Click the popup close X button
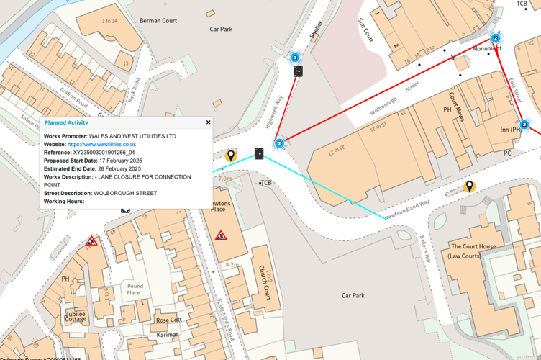[209, 122]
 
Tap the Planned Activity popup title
[66, 123]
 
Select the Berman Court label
[158, 21]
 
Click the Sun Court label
[365, 31]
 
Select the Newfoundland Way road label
[406, 210]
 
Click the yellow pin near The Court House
[469, 186]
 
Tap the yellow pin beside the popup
[231, 155]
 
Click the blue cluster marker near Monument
[496, 38]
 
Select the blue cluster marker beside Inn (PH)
[524, 125]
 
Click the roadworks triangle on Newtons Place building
[221, 235]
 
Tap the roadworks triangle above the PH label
[91, 241]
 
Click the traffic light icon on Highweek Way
[298, 71]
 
